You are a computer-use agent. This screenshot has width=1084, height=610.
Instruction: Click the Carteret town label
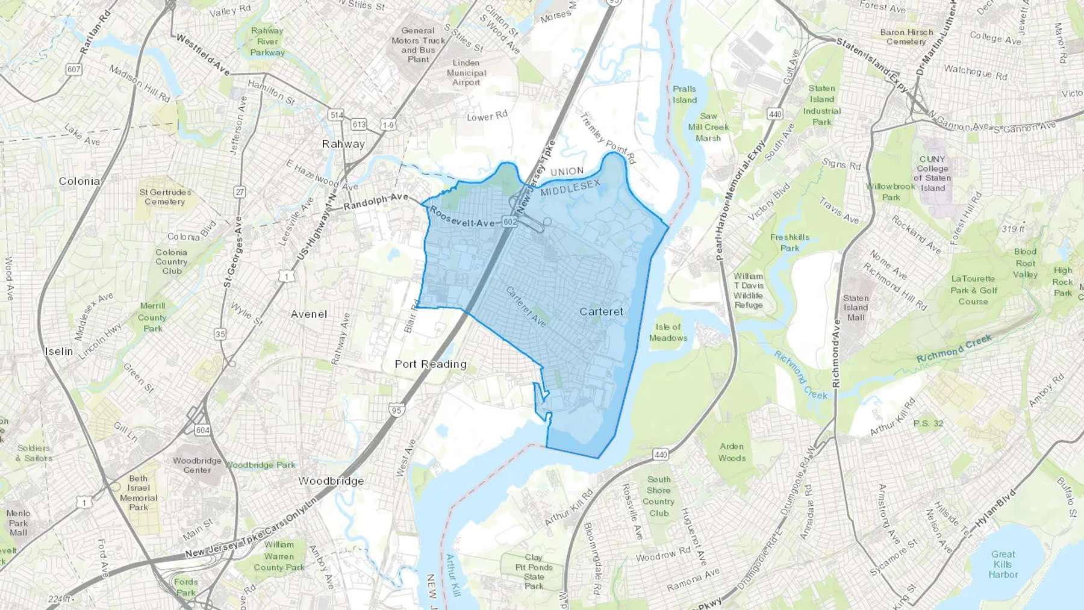[601, 311]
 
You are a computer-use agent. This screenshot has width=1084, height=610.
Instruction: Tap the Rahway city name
[343, 144]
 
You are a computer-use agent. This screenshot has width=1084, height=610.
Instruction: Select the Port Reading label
[431, 364]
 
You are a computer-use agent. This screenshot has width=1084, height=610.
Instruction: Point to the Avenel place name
[309, 314]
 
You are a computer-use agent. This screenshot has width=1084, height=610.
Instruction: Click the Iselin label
[59, 351]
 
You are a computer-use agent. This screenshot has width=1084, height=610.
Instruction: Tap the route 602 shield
[510, 222]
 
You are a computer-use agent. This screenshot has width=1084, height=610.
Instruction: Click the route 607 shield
[73, 69]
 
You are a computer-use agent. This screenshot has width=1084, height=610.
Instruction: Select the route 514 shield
[336, 114]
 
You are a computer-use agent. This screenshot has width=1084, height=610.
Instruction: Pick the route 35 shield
[220, 334]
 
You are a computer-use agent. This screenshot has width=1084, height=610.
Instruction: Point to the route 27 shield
[240, 192]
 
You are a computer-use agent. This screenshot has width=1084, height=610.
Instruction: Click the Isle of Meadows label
[668, 332]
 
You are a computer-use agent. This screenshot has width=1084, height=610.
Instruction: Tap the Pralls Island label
[685, 95]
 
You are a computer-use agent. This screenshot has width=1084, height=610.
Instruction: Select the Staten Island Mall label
[856, 308]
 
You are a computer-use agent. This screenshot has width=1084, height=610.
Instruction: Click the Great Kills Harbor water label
[1003, 564]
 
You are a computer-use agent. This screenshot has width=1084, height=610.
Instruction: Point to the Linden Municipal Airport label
[466, 72]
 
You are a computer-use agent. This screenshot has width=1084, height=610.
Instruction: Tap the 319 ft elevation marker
[1013, 229]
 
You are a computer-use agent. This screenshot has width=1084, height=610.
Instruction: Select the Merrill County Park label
[152, 317]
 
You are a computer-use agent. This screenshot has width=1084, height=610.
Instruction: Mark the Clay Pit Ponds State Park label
[534, 571]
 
